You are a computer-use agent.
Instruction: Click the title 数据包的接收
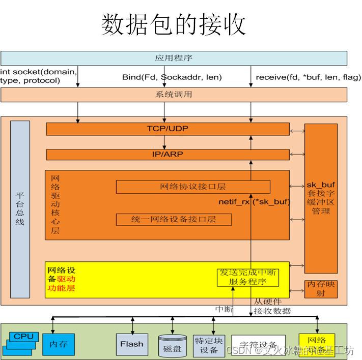point(173,25)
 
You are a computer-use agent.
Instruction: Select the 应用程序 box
point(174,58)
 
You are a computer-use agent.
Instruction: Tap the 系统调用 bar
point(174,95)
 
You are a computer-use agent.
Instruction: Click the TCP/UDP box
point(168,129)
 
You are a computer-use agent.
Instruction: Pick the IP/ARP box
point(168,154)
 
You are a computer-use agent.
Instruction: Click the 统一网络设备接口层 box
point(174,219)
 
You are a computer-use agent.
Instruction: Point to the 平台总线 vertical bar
point(20,209)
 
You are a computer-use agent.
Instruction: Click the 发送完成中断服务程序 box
point(247,277)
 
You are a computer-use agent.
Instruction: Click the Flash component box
point(132,344)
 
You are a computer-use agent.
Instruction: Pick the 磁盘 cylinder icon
point(172,345)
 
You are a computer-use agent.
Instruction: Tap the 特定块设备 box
point(209,346)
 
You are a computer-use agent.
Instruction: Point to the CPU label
point(23,336)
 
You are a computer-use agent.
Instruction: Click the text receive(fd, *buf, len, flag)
point(308,77)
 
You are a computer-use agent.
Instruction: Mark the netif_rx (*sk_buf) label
point(254,202)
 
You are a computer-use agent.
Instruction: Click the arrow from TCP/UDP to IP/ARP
point(164,142)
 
